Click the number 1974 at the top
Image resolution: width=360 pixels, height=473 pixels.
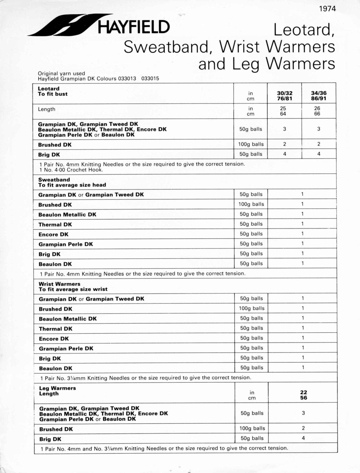pyautogui.click(x=327, y=9)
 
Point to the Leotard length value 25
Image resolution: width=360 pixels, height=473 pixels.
pyautogui.click(x=283, y=108)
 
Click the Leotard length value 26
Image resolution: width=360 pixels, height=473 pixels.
pyautogui.click(x=317, y=108)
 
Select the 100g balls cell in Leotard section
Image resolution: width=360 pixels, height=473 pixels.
pyautogui.click(x=251, y=144)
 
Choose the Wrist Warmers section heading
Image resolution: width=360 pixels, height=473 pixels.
pyautogui.click(x=59, y=284)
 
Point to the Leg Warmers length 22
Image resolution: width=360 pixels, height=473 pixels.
pyautogui.click(x=304, y=393)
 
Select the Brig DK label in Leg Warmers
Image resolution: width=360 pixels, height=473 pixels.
pyautogui.click(x=50, y=439)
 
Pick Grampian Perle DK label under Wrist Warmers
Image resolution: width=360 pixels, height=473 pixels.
pyautogui.click(x=66, y=348)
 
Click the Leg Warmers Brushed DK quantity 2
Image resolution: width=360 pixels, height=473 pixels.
pyautogui.click(x=303, y=428)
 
